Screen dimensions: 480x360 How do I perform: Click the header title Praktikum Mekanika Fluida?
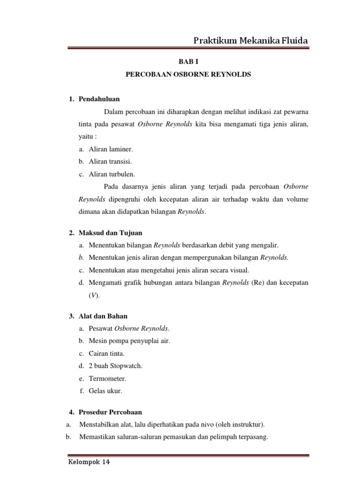(x=251, y=41)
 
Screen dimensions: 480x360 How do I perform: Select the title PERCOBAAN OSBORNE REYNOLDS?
(x=189, y=75)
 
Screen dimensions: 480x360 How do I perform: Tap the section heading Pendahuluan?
(x=99, y=99)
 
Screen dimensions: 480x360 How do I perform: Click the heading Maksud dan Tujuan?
(x=110, y=232)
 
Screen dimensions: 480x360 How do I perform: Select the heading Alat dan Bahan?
(x=104, y=316)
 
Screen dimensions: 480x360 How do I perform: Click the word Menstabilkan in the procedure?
(x=100, y=425)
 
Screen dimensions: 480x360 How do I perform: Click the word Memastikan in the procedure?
(x=98, y=437)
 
